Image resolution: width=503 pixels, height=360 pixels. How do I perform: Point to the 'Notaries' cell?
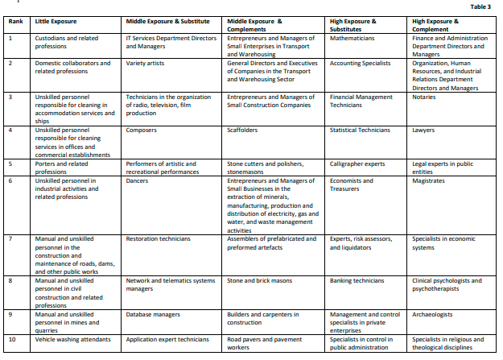[x=425, y=97]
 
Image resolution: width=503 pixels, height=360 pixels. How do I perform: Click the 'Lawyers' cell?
[x=424, y=130]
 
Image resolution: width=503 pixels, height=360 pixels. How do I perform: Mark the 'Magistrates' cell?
[x=430, y=180]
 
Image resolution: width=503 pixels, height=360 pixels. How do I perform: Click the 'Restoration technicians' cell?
[x=159, y=239]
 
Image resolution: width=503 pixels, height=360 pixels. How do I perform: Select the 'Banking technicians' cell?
[x=357, y=281]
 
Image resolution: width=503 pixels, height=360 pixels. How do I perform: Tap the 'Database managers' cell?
[x=153, y=314]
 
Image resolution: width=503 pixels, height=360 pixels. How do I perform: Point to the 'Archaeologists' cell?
[x=432, y=314]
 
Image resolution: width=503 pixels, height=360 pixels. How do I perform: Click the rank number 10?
[x=11, y=339]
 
